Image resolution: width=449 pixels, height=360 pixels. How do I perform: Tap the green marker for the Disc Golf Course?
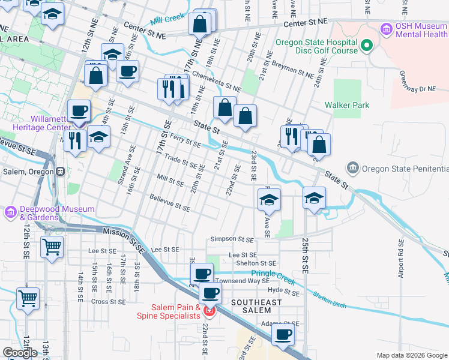click(x=367, y=46)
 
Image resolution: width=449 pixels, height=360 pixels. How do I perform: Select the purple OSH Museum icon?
click(x=386, y=28)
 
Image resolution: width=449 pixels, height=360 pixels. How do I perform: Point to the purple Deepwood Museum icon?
click(x=11, y=212)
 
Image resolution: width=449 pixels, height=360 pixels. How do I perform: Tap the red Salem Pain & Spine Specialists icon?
click(x=209, y=311)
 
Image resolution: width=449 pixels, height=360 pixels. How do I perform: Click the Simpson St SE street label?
click(x=232, y=239)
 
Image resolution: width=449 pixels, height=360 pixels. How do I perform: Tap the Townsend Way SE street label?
click(x=251, y=280)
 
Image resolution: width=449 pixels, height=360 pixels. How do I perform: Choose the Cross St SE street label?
click(x=108, y=302)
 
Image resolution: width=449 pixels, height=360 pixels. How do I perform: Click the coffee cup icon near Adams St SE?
click(x=283, y=335)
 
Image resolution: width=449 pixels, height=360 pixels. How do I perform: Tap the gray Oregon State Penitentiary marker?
click(x=352, y=167)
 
